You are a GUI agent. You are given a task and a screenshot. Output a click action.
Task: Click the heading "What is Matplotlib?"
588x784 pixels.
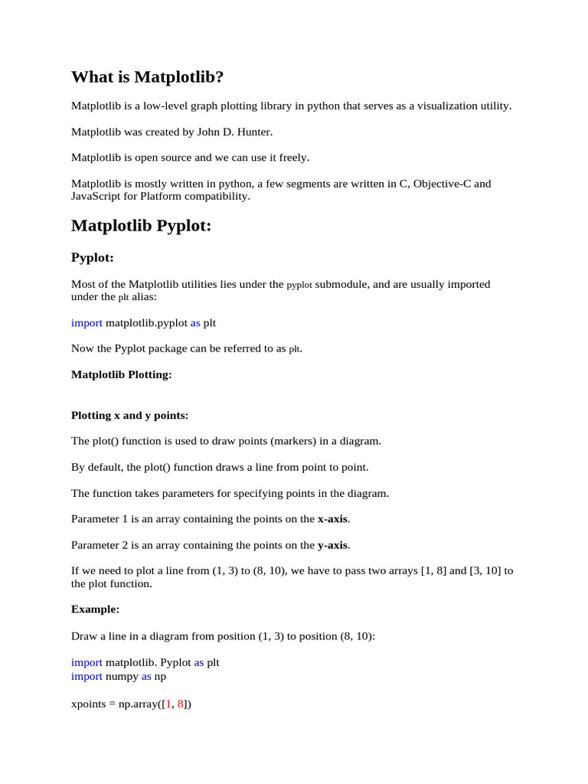147,77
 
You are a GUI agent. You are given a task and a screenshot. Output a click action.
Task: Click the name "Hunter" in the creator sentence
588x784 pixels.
253,132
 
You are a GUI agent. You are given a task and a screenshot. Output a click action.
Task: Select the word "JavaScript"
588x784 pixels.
96,196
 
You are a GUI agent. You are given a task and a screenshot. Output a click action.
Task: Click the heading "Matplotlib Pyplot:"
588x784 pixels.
141,226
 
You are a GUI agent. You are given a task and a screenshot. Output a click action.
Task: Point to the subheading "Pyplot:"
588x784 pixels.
92,258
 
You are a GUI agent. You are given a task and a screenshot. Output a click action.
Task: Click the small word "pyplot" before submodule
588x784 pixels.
299,285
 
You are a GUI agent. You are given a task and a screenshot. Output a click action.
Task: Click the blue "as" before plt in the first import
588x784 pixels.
195,323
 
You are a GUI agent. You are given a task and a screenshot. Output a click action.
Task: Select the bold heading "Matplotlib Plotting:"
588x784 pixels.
121,374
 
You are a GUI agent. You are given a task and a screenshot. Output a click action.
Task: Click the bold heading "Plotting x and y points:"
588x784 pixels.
129,416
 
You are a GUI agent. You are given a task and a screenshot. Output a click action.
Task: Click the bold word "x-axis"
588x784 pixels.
332,519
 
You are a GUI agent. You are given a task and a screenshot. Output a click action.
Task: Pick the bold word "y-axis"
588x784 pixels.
332,545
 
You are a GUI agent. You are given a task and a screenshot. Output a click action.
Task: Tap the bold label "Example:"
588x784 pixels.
95,609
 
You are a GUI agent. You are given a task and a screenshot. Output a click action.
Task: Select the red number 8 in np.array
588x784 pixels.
181,703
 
